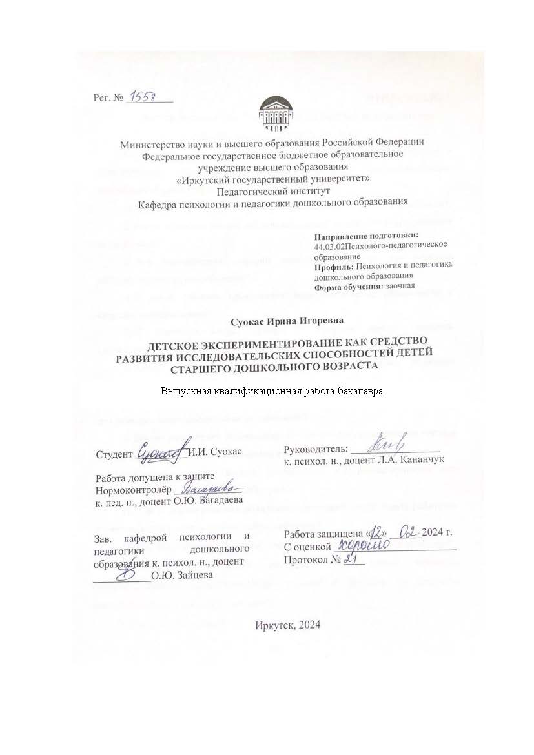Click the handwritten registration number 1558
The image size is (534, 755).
tap(147, 96)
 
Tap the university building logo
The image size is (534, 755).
tap(272, 114)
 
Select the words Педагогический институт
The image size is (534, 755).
tap(272, 191)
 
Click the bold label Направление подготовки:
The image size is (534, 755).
tap(366, 236)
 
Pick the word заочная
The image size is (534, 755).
tap(400, 285)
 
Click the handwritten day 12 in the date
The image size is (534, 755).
tap(377, 532)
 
